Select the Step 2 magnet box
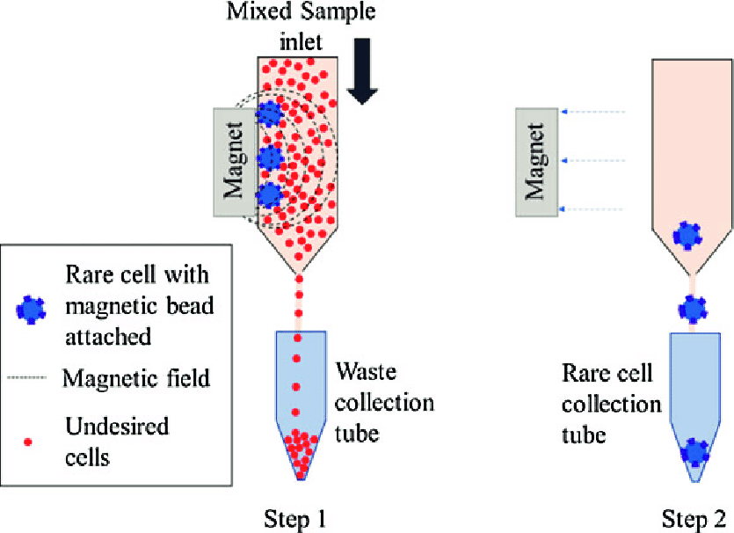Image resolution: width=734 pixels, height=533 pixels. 537,160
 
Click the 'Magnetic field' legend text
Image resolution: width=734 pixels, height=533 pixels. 136,379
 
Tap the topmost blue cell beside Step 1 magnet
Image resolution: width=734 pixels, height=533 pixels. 271,113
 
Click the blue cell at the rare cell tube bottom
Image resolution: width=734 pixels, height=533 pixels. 694,452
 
